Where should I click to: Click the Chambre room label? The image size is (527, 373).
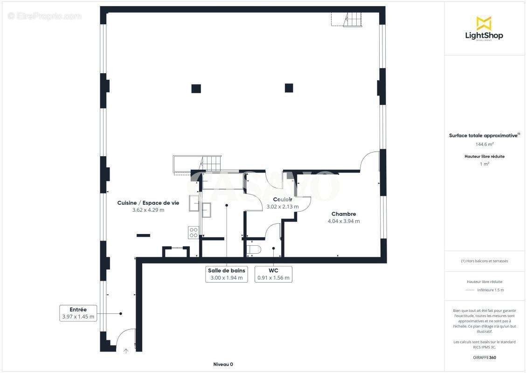point(344,214)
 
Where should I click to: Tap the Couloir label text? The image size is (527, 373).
point(283,200)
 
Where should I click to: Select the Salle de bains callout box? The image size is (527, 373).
point(226,274)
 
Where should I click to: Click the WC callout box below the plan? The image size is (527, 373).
point(273,274)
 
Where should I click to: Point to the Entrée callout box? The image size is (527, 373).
point(78,313)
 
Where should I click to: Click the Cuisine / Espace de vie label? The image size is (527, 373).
point(148,203)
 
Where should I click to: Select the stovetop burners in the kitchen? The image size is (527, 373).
point(194,232)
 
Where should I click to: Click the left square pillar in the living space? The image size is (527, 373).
point(196,88)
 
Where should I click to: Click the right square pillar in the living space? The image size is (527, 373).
point(289,88)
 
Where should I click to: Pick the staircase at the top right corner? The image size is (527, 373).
point(353,20)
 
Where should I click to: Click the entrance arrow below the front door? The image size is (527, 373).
point(125,351)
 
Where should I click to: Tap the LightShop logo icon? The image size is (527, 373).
point(484,23)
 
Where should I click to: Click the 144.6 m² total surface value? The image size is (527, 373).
point(484,145)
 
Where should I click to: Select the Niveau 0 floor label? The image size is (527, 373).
point(223,364)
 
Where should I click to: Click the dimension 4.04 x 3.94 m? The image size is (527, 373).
point(344,221)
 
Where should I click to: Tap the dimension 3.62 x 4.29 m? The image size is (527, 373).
point(148,210)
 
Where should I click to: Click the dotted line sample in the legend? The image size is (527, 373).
point(470,290)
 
